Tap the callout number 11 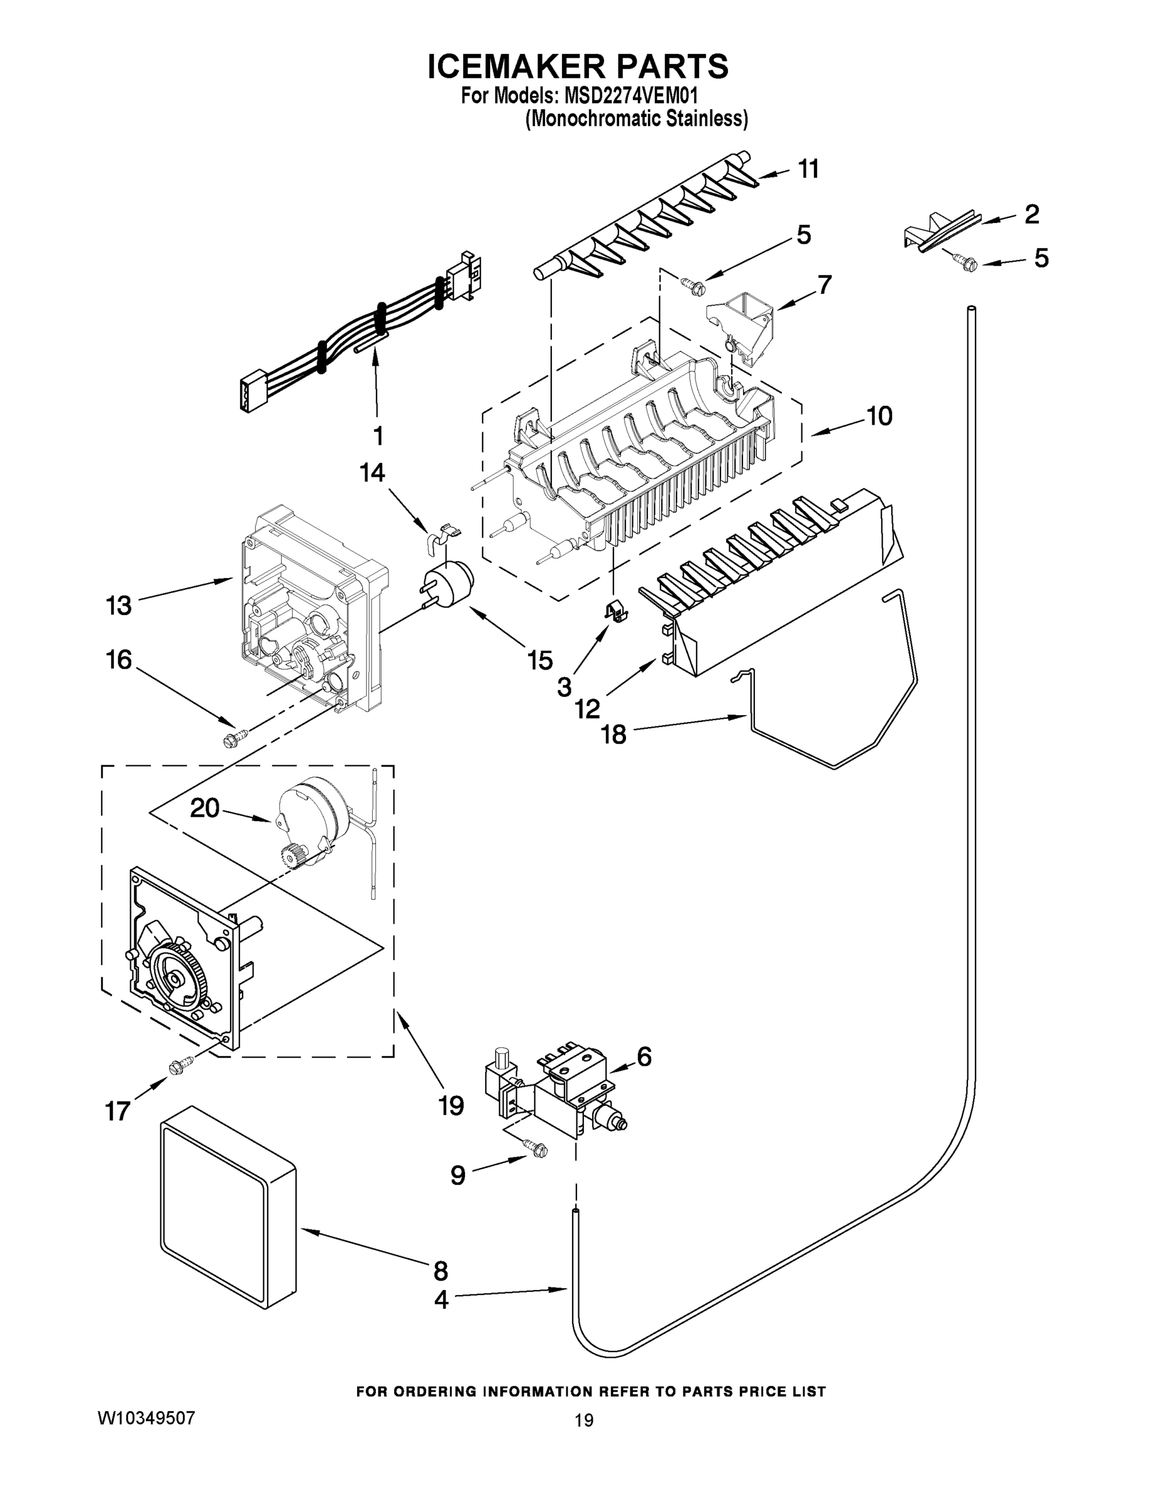click(x=808, y=168)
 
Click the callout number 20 click(x=204, y=807)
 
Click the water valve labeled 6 click(x=563, y=1090)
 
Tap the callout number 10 click(x=879, y=416)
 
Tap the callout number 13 click(x=118, y=606)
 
